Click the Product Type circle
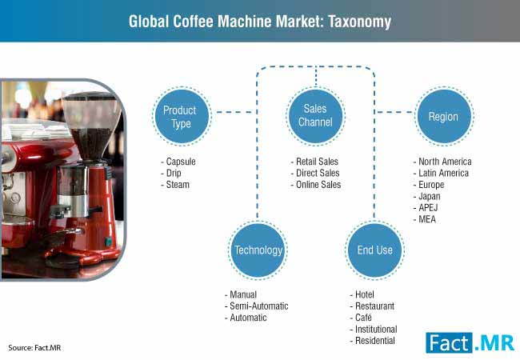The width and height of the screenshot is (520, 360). (x=182, y=116)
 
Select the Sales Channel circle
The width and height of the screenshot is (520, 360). (x=315, y=116)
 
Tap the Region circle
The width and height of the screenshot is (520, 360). (x=444, y=116)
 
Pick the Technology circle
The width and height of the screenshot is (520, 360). (x=258, y=250)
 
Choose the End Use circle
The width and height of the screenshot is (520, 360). (x=374, y=250)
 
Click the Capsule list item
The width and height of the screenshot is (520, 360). (x=178, y=162)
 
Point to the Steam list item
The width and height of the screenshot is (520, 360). (x=175, y=185)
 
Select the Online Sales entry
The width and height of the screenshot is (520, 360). (x=316, y=185)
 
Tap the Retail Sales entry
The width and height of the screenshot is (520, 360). (x=314, y=162)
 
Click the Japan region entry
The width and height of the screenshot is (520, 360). (x=427, y=196)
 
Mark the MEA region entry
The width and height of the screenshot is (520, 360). (x=425, y=219)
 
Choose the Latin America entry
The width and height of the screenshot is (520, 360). (x=441, y=173)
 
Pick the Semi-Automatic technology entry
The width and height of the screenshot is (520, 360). (x=256, y=306)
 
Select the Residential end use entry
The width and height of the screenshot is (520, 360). (x=373, y=341)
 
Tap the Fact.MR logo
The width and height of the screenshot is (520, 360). (x=470, y=342)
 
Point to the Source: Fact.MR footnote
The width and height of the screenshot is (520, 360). (x=34, y=348)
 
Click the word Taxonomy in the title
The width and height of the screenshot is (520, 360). (x=360, y=22)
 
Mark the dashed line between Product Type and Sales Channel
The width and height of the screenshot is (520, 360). (x=234, y=112)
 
